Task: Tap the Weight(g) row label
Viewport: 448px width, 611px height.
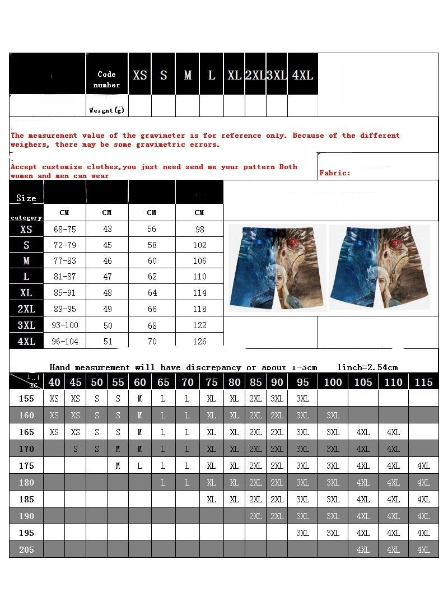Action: (x=106, y=110)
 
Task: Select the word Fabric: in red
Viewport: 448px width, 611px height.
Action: (x=335, y=173)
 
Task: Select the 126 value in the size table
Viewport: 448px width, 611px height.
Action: (x=199, y=342)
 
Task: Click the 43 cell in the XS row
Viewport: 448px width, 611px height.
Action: (x=107, y=230)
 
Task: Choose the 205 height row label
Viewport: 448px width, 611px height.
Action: (x=26, y=550)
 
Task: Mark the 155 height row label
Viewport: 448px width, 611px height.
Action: (x=26, y=399)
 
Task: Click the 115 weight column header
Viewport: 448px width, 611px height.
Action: (x=424, y=382)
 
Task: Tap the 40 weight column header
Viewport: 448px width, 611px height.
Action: (x=54, y=382)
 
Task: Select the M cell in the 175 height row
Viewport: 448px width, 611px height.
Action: (x=118, y=466)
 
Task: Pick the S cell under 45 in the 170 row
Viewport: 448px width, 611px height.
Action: (x=76, y=449)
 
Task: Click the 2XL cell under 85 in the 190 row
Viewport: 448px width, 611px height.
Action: (x=256, y=516)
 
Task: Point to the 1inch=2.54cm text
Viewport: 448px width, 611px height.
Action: (x=367, y=367)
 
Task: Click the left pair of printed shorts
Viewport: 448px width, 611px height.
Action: (x=277, y=267)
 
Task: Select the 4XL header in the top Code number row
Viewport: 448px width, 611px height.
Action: (x=302, y=75)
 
